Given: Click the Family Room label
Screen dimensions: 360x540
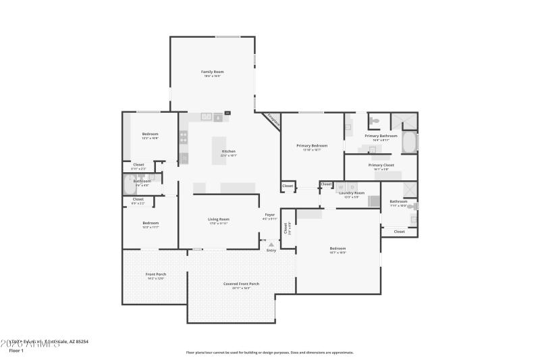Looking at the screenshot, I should [212, 72].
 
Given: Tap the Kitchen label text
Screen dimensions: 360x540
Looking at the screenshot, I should [228, 151].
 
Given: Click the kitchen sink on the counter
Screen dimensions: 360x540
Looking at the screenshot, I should [205, 117].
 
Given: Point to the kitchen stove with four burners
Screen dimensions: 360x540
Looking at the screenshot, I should [183, 137].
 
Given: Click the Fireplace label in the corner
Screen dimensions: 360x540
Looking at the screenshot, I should [273, 120].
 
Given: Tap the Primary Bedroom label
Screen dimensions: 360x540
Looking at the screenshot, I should [311, 146].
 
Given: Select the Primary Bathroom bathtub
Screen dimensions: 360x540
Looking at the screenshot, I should [410, 142].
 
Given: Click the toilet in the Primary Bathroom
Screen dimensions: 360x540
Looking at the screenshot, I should [374, 122].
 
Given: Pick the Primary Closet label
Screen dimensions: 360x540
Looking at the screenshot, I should [381, 165].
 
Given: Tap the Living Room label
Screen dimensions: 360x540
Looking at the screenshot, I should [218, 220].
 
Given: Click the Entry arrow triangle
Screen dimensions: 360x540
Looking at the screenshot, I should [271, 245].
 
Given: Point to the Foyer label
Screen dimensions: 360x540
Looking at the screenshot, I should [270, 215].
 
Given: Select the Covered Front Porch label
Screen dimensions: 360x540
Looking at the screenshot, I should [241, 284].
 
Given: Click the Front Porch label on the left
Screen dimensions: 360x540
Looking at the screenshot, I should [155, 274].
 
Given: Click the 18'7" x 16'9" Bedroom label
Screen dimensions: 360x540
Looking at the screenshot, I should [337, 249].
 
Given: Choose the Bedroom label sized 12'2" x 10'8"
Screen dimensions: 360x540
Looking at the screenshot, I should [150, 134].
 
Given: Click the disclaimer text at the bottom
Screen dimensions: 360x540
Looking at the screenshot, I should [269, 352].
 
